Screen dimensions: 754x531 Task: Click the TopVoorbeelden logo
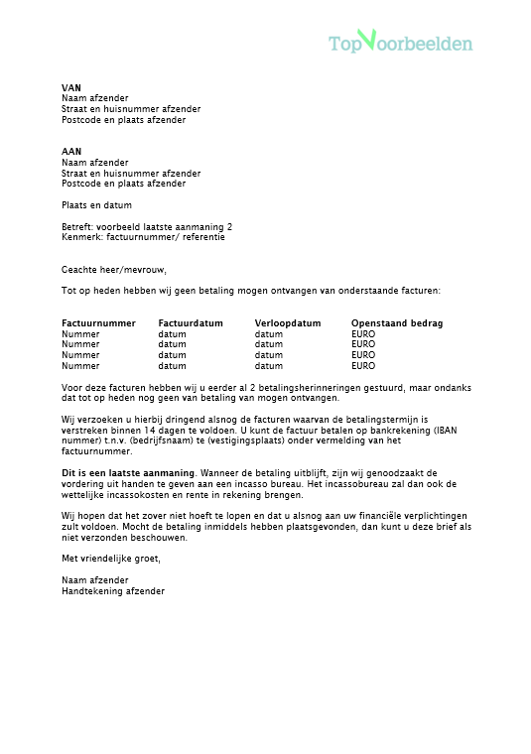click(401, 42)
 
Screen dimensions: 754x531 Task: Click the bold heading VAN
click(70, 88)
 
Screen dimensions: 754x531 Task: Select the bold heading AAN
click(70, 152)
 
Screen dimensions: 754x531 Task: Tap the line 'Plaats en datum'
click(96, 203)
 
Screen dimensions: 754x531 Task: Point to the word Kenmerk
click(79, 237)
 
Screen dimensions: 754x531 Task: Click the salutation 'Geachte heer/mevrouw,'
click(114, 269)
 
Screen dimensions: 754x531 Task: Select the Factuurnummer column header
click(98, 323)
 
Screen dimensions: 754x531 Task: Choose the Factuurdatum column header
click(191, 323)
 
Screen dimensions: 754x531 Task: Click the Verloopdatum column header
click(288, 323)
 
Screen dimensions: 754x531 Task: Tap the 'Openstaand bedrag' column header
click(397, 323)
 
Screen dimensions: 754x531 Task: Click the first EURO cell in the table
click(363, 334)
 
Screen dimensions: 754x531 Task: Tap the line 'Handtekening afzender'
click(113, 590)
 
